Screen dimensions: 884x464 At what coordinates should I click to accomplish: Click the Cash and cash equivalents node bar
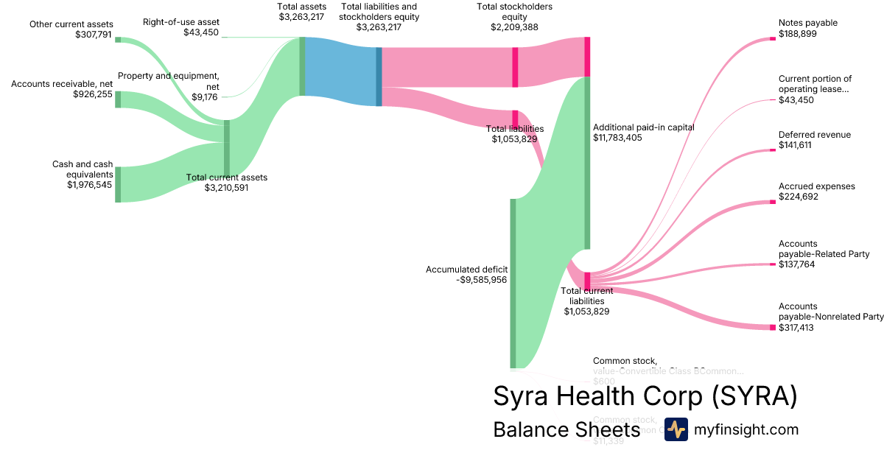click(x=118, y=184)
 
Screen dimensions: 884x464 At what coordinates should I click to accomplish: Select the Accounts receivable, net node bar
click(x=118, y=99)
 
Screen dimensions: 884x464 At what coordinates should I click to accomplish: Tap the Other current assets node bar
click(x=118, y=40)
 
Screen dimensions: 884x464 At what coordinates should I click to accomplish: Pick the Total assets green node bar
click(x=302, y=66)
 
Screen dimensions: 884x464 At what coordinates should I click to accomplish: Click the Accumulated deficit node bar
click(x=513, y=283)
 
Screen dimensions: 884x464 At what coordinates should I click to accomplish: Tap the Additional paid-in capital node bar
click(x=587, y=162)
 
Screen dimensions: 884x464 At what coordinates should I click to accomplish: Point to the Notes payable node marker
click(x=773, y=38)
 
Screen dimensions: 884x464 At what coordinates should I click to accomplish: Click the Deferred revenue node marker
click(x=773, y=150)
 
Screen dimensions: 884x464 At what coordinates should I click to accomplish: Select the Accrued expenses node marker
click(x=773, y=202)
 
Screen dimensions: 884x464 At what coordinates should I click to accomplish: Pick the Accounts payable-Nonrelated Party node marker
click(x=773, y=327)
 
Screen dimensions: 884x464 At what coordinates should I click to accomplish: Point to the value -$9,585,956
click(x=482, y=280)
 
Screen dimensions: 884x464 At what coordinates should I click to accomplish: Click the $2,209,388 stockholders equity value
click(x=514, y=27)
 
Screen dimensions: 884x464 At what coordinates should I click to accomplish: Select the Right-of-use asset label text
click(x=180, y=22)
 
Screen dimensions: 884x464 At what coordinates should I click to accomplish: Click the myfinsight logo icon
click(x=676, y=429)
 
